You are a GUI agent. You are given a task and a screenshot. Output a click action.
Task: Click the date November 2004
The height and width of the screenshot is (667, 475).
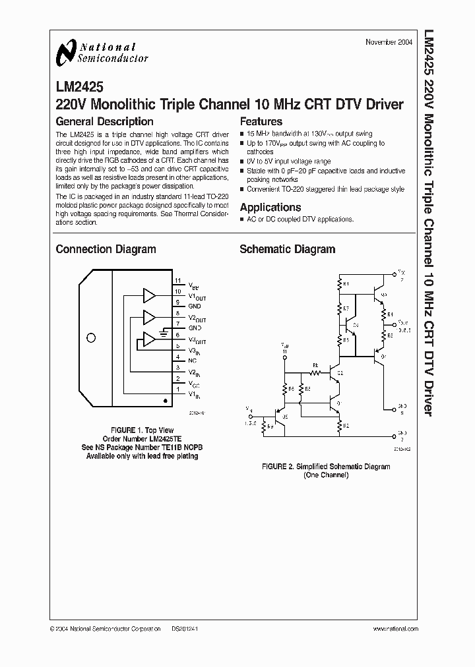coord(389,42)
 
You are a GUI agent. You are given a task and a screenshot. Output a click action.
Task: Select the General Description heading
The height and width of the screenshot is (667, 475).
coord(104,121)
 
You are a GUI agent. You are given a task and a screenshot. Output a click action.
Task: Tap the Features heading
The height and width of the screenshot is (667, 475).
coord(261,121)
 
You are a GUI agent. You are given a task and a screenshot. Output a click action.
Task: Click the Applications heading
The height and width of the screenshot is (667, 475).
coord(270,207)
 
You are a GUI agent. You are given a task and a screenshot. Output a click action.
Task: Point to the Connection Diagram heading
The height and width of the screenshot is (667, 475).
coord(106,249)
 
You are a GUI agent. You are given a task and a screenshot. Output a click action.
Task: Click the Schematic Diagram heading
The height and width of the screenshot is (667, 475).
coord(287,249)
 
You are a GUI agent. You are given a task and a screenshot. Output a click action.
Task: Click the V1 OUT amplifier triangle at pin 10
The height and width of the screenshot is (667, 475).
coord(150,295)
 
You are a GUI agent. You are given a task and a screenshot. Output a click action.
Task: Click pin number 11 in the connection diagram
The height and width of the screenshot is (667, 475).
coord(177,281)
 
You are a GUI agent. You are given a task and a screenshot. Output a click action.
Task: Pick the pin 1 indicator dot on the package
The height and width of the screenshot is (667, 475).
coord(164,400)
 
